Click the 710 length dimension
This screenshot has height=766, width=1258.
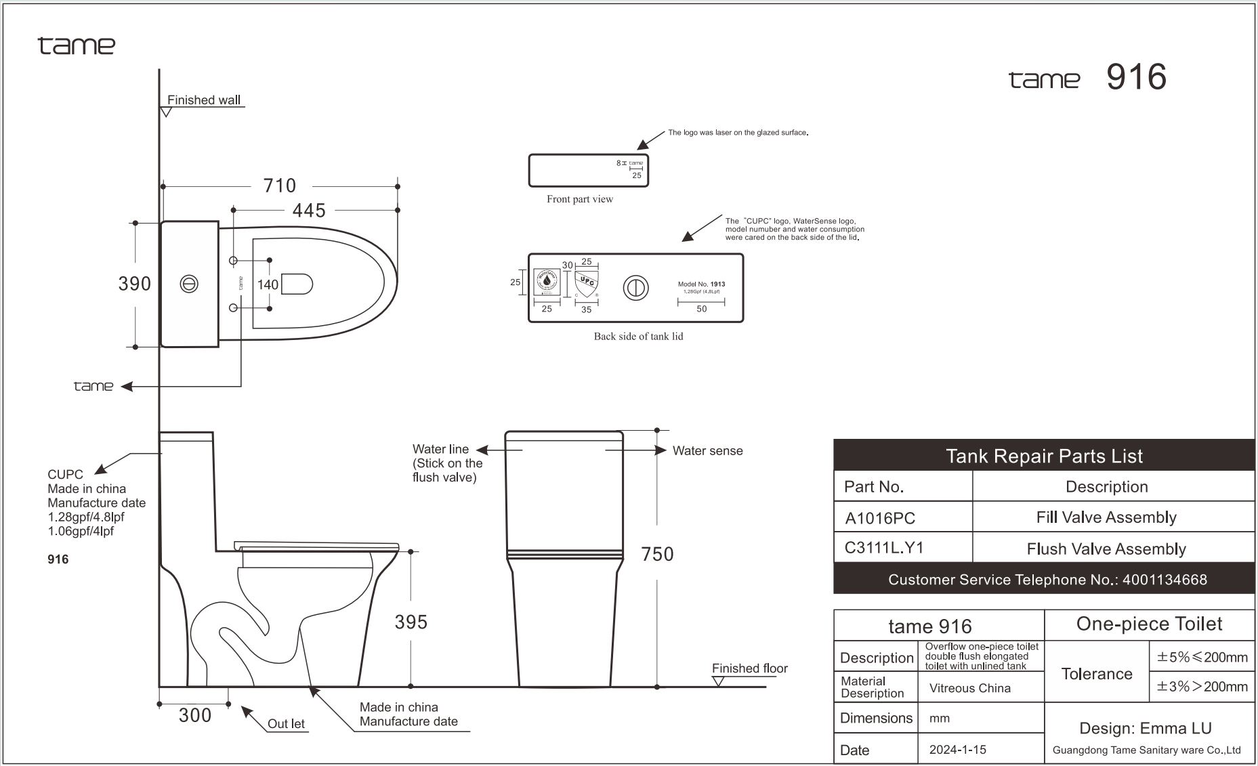tap(279, 186)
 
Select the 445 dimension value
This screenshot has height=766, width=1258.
tap(309, 211)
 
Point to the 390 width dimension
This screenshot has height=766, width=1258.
tap(135, 284)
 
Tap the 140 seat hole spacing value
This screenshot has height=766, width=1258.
tap(268, 285)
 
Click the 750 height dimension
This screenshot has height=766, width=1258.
tap(657, 554)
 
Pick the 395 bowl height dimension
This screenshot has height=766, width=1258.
tap(411, 622)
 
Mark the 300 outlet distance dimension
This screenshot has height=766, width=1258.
tap(195, 715)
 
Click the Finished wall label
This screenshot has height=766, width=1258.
tap(203, 100)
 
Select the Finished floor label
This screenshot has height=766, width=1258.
tap(749, 668)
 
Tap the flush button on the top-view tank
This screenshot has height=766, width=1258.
tap(189, 284)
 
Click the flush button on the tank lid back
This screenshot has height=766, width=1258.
tap(635, 288)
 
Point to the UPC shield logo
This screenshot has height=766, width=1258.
tap(586, 282)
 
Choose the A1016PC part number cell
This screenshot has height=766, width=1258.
tap(880, 518)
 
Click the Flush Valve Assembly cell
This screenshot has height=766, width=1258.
tap(1106, 549)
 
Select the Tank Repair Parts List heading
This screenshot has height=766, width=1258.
tap(1043, 456)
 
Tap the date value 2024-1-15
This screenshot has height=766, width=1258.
tap(957, 750)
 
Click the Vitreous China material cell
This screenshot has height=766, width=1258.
tap(969, 688)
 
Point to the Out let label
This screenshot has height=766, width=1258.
tap(286, 723)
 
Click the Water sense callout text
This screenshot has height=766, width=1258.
tap(707, 451)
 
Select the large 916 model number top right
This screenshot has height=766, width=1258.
tap(1136, 77)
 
